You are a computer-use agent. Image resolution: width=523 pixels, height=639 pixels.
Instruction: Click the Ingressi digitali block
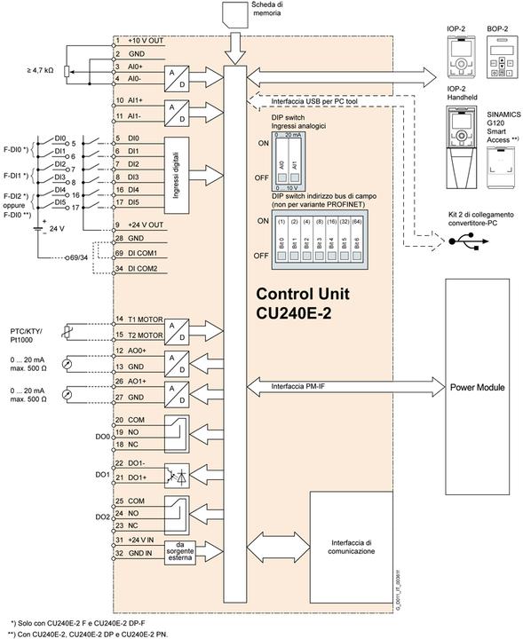(178, 163)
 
